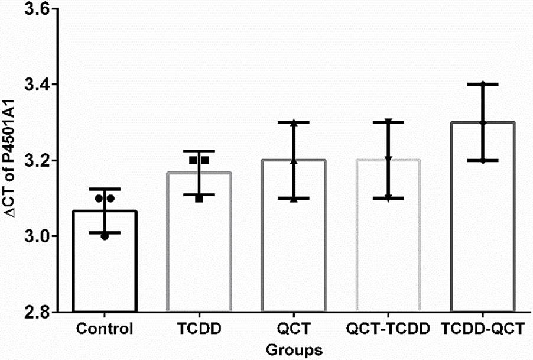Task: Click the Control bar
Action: pyautogui.click(x=105, y=261)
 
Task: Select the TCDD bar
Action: pyautogui.click(x=199, y=242)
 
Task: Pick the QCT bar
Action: pyautogui.click(x=294, y=236)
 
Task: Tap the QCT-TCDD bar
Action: pyautogui.click(x=388, y=236)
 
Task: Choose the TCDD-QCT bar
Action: pyautogui.click(x=483, y=217)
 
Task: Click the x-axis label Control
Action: pyautogui.click(x=105, y=329)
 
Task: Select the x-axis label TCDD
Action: pyautogui.click(x=199, y=329)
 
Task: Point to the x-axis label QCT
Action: pyautogui.click(x=294, y=329)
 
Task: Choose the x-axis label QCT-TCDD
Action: pyautogui.click(x=388, y=329)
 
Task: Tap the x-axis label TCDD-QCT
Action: pyautogui.click(x=483, y=329)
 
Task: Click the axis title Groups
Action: pyautogui.click(x=294, y=350)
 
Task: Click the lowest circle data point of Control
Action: pyautogui.click(x=105, y=236)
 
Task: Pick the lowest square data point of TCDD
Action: pyautogui.click(x=199, y=199)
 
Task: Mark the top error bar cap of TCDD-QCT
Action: pyautogui.click(x=483, y=84)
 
